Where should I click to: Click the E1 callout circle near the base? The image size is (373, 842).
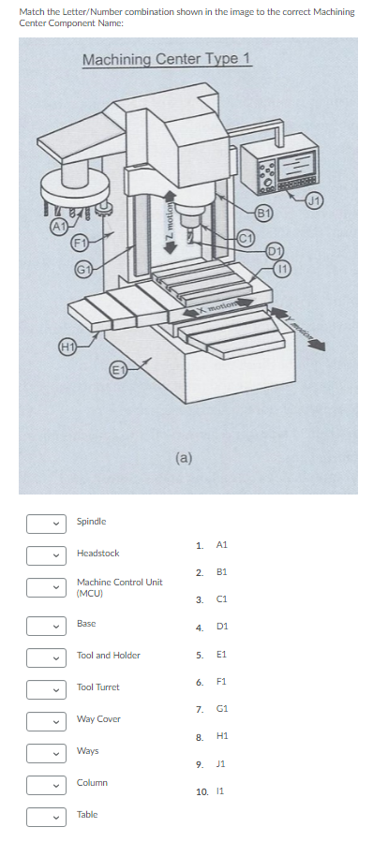click(x=119, y=366)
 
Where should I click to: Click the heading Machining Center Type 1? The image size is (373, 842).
click(x=167, y=60)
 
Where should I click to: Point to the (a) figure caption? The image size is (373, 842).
click(x=185, y=458)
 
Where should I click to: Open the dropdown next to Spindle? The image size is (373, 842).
click(x=44, y=522)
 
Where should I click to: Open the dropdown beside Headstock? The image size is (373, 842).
click(x=44, y=554)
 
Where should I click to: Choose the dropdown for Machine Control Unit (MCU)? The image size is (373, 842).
click(x=44, y=587)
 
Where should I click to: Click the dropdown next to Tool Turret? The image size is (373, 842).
click(x=44, y=688)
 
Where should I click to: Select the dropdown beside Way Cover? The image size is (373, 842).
click(x=44, y=720)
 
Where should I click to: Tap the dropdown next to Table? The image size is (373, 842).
click(x=44, y=816)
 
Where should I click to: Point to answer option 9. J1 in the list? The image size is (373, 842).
click(x=211, y=768)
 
